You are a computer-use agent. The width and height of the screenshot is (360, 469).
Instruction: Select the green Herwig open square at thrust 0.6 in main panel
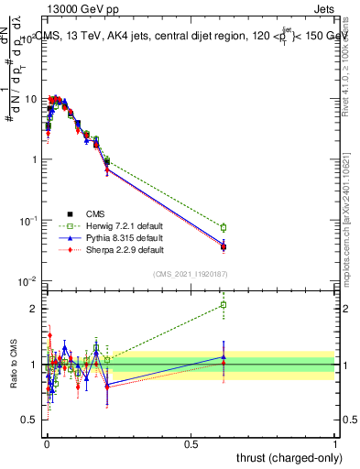[224, 227]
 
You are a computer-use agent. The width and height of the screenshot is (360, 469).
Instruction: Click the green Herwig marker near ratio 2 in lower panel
[224, 305]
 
